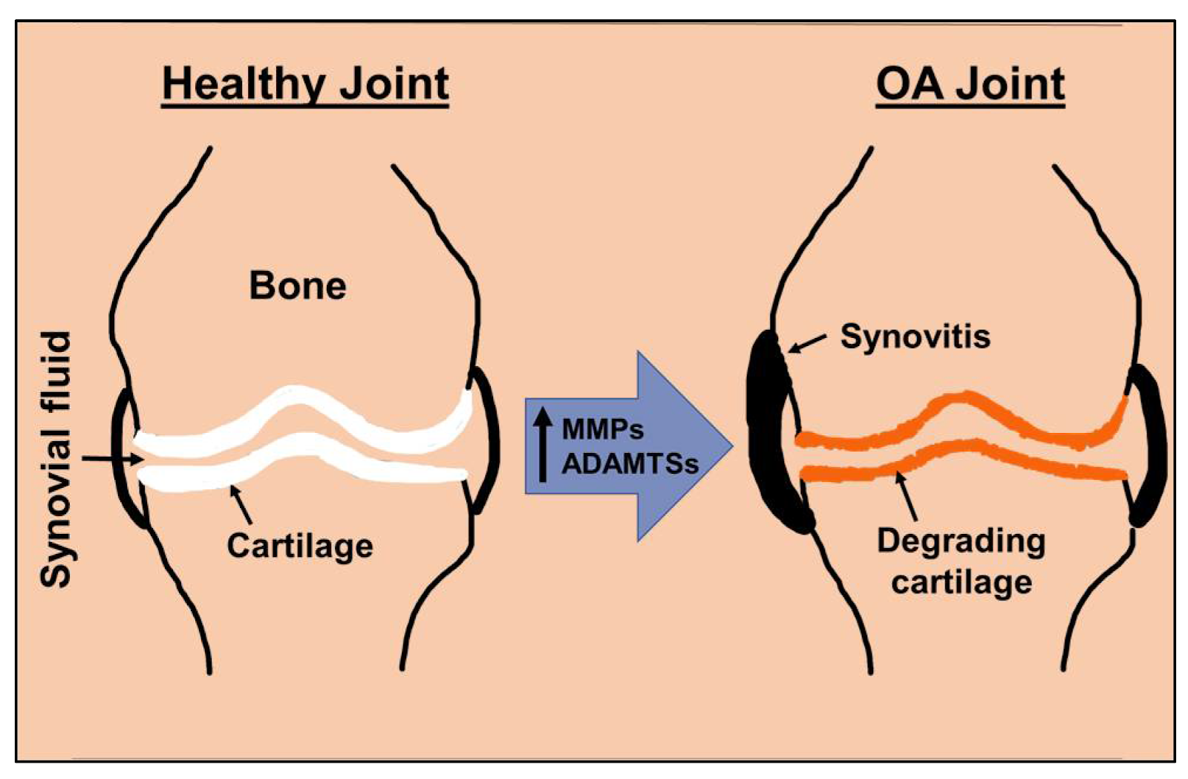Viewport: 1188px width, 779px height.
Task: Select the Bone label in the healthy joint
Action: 298,286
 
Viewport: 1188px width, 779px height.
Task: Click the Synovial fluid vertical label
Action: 56,459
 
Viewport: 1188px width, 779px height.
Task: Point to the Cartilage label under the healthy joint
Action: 300,546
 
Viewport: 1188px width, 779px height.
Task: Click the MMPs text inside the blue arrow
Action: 603,428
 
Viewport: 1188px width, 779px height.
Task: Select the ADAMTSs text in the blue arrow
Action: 630,463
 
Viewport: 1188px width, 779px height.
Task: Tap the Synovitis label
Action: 915,336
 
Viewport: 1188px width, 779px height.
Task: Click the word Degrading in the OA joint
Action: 961,541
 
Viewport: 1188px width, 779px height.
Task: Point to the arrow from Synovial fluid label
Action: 111,460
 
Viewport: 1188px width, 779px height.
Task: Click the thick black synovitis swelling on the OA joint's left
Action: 772,431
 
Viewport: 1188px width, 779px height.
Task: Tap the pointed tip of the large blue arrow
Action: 731,446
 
